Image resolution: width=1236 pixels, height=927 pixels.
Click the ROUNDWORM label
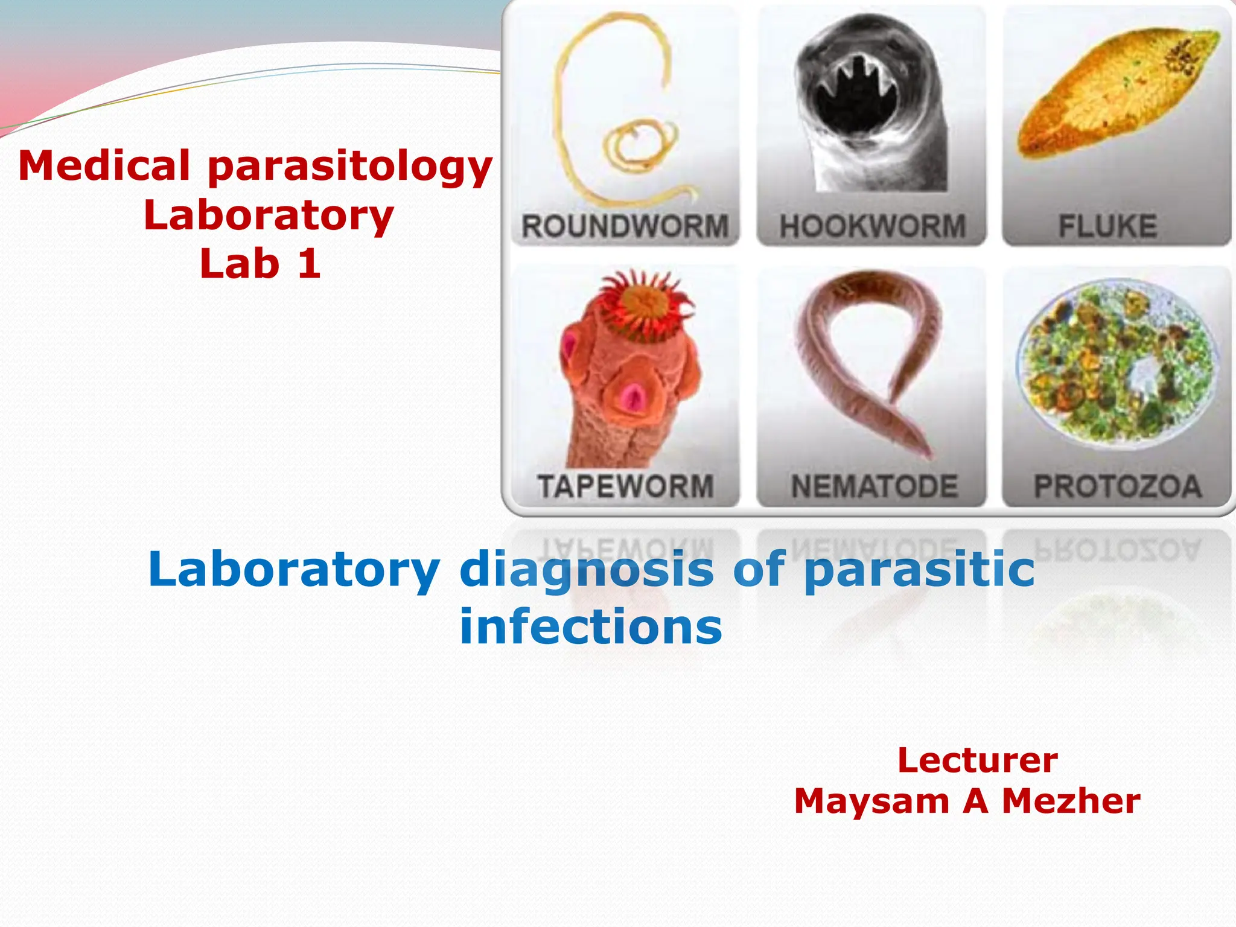tap(625, 227)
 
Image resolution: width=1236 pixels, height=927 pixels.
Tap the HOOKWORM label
tap(872, 227)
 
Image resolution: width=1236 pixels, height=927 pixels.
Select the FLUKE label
tap(1107, 227)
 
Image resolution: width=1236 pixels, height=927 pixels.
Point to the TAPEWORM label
tap(625, 486)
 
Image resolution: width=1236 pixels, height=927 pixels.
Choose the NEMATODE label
tap(874, 486)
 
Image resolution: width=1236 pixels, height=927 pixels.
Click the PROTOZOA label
tap(1118, 486)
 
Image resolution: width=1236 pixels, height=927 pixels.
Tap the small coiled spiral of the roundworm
tap(640, 145)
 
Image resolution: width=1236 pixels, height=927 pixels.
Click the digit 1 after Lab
tap(308, 264)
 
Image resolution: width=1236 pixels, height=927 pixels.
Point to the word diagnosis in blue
tap(586, 570)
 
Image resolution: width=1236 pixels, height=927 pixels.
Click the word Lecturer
tap(977, 760)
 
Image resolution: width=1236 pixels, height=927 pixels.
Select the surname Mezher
tap(1071, 801)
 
